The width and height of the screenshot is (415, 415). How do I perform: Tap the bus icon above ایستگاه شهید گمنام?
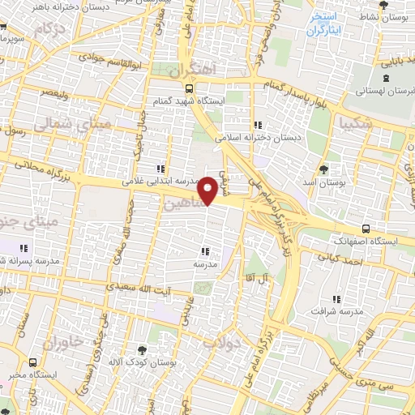189,89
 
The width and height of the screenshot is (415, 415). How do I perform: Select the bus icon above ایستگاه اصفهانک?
366,229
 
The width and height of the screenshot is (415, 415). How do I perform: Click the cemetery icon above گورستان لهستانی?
385,79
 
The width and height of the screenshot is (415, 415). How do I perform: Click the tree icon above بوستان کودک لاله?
143,349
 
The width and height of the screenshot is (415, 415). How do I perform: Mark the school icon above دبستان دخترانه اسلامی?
259,125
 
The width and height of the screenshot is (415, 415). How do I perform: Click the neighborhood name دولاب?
221,344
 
